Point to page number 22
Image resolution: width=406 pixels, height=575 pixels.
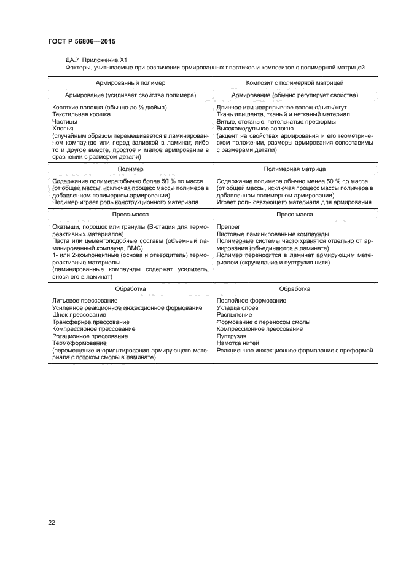51,522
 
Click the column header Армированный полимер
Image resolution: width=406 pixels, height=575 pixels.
130,82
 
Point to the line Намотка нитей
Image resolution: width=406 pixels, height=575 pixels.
238,343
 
